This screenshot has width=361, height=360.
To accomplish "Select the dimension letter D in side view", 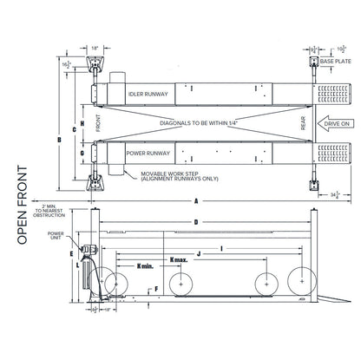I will [196, 222].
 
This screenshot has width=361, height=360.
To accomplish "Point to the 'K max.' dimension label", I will [180, 258].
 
